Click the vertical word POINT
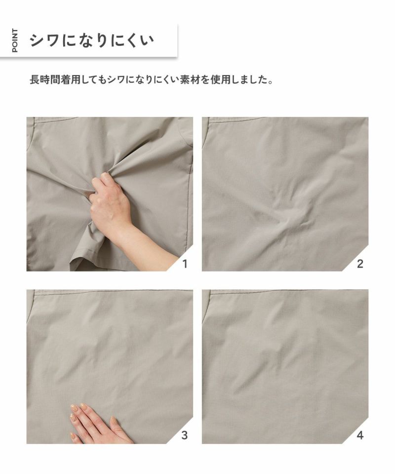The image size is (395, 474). (x=14, y=40)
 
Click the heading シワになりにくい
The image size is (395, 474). (x=92, y=40)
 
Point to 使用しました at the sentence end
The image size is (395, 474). (x=238, y=80)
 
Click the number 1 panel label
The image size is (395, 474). (x=185, y=264)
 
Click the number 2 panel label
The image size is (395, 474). (x=359, y=264)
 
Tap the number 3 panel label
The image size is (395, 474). (x=184, y=435)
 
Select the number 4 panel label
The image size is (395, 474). (x=359, y=435)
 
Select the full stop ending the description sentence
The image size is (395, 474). (x=270, y=82)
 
